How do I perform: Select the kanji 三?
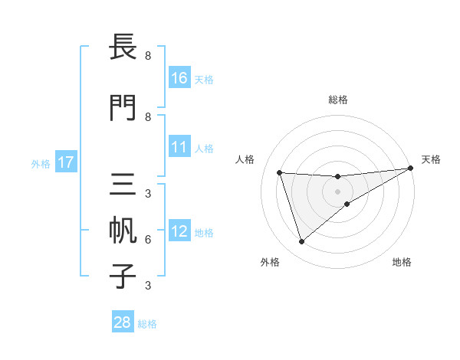tap(123, 185)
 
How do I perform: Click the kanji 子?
tap(123, 276)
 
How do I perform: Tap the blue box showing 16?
tap(179, 77)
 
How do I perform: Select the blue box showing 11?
tap(179, 147)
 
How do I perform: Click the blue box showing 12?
tap(179, 231)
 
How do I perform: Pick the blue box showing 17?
tap(66, 162)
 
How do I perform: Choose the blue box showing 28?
tap(123, 322)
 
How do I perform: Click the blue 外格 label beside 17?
tap(40, 163)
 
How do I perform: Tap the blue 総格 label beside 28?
tap(147, 323)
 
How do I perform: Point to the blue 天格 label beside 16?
tap(204, 78)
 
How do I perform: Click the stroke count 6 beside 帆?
tap(147, 239)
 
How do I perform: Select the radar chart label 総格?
tap(338, 100)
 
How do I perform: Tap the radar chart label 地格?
tap(402, 262)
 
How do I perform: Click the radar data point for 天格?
tap(410, 169)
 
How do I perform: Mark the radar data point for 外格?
tap(301, 242)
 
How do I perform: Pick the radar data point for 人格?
tap(280, 172)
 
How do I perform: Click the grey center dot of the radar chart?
tap(338, 191)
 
